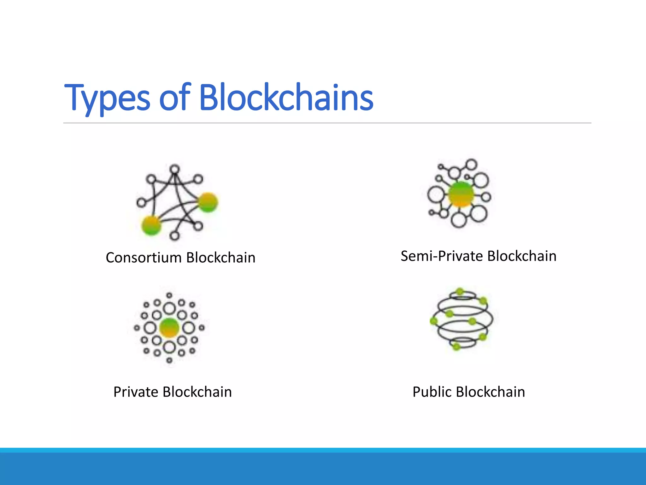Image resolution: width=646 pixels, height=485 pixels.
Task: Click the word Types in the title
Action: point(107,98)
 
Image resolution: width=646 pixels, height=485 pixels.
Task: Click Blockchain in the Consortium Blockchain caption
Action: point(220,258)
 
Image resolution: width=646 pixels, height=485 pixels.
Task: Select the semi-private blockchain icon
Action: point(459,193)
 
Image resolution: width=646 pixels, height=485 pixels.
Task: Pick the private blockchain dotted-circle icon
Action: point(169,328)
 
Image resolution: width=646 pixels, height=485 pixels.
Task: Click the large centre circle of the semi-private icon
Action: point(461,194)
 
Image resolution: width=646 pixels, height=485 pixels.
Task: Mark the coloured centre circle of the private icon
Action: point(169,328)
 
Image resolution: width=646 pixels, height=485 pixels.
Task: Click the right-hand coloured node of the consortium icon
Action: point(208,202)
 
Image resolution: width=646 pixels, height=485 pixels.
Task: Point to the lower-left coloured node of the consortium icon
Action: point(151,225)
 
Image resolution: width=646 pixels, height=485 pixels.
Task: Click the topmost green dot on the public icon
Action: point(460,291)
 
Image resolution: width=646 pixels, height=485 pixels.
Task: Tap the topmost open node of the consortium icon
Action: point(174,169)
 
